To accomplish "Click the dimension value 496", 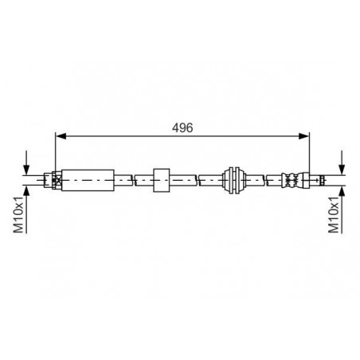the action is tap(182, 127).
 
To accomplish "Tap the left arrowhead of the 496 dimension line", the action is tap(61, 136).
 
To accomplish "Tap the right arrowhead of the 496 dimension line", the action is tap(304, 136).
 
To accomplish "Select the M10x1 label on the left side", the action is tap(19, 214).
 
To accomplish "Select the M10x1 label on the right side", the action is tap(334, 214).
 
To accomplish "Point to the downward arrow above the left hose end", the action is tap(26, 162).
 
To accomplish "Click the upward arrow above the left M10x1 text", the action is tap(26, 209).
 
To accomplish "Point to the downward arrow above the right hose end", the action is tap(342, 162).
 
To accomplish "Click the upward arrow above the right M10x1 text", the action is tap(342, 209).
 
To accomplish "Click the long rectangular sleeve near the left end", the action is tap(88, 180).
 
